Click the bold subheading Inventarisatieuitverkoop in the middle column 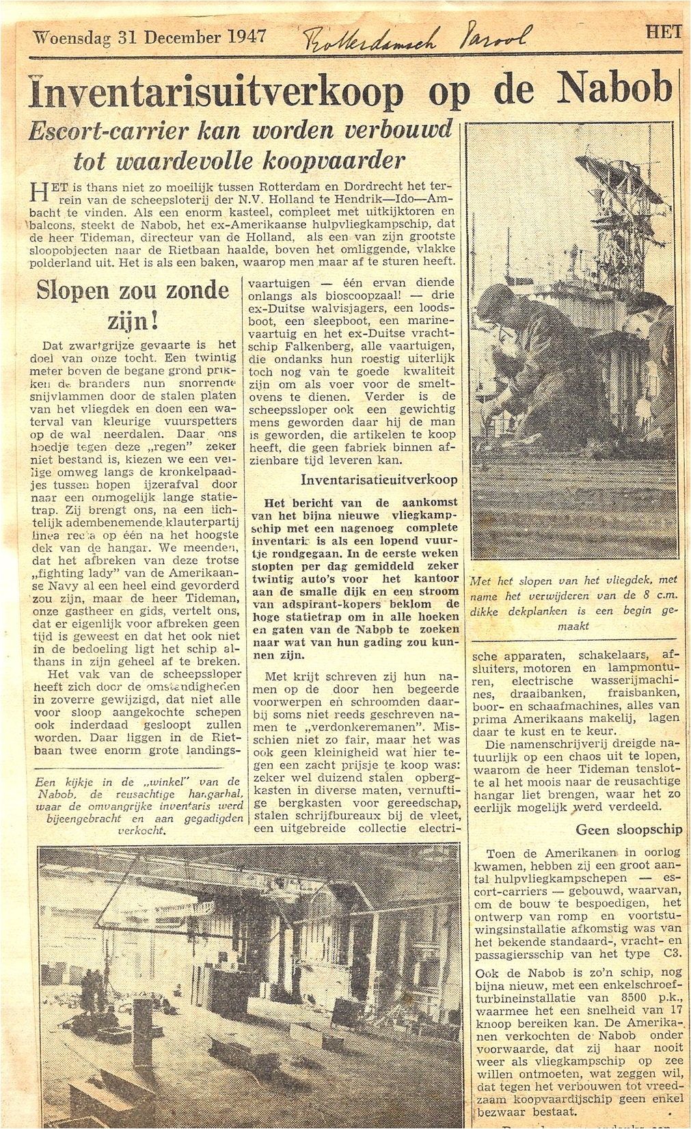380,480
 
